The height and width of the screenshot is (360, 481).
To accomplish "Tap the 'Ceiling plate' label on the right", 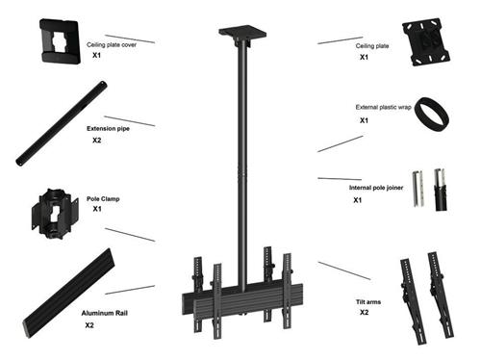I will [372, 45].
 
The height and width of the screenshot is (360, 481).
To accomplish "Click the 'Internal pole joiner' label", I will [376, 188].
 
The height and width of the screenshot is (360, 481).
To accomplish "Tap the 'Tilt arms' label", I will [368, 301].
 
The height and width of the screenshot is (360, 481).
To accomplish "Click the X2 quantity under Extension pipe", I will [97, 141].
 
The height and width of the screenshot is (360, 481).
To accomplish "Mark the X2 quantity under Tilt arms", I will [365, 313].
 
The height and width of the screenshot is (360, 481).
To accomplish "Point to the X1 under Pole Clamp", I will [97, 209].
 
